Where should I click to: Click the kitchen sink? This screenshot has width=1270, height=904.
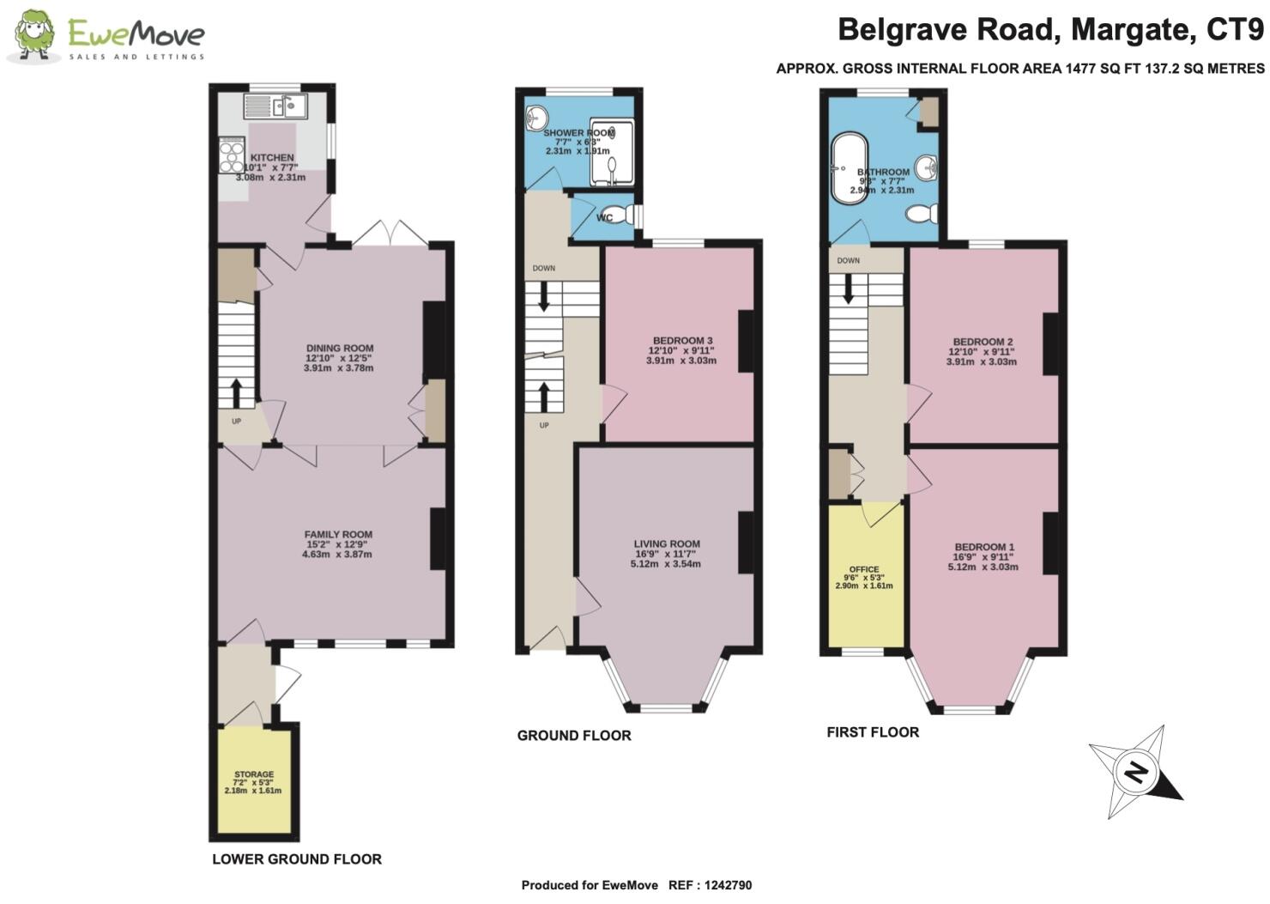276,106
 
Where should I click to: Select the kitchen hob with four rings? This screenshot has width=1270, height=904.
232,156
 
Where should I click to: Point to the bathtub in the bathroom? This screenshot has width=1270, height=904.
843,169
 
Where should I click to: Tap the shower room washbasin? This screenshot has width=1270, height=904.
538,115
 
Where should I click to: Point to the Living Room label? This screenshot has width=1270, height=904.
666,544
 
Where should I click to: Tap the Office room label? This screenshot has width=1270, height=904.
863,569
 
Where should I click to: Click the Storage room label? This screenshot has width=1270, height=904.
253,774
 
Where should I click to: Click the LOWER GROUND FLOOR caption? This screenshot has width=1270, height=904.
297,859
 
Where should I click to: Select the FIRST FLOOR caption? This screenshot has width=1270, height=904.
873,732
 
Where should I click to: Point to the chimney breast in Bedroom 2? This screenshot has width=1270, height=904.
1050,344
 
